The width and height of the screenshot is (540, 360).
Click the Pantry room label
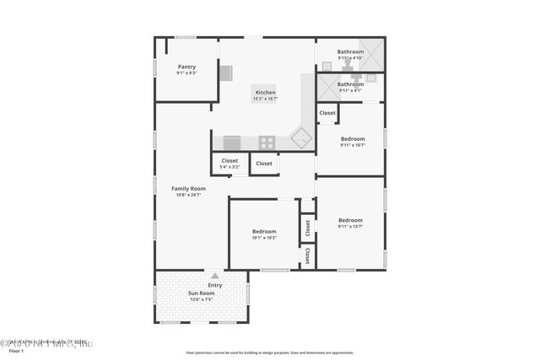click(x=186, y=67)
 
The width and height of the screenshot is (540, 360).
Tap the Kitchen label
click(x=265, y=92)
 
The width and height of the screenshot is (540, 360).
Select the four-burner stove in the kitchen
click(x=267, y=142)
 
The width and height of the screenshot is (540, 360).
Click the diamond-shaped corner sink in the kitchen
click(x=300, y=136)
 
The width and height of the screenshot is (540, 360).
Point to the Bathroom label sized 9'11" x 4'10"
click(x=350, y=51)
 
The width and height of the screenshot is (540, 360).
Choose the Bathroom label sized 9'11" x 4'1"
click(x=350, y=83)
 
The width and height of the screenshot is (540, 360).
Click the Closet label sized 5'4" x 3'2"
click(x=229, y=160)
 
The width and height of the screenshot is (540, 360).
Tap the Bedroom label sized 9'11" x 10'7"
click(x=353, y=138)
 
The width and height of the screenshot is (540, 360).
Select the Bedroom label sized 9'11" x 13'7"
click(x=349, y=220)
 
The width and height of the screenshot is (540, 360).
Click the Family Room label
click(x=188, y=188)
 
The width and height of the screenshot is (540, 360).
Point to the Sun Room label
click(x=201, y=293)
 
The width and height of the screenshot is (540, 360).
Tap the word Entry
click(x=215, y=285)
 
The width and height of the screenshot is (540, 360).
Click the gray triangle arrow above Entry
click(x=215, y=276)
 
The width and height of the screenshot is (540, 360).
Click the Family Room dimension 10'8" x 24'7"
click(x=188, y=196)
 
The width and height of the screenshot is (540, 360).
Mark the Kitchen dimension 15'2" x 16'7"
click(x=265, y=99)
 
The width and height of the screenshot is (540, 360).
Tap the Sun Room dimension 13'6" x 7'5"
click(x=201, y=299)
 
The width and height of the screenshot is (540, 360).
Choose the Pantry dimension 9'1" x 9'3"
click(x=186, y=73)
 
